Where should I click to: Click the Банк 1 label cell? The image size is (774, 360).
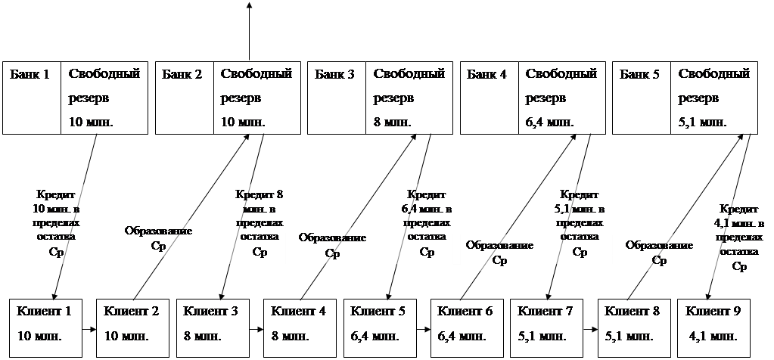click(31, 96)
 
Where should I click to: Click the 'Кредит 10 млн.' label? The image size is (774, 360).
click(56, 223)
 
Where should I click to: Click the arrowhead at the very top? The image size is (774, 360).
click(250, 5)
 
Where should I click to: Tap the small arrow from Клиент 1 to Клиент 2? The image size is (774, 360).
click(89, 330)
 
